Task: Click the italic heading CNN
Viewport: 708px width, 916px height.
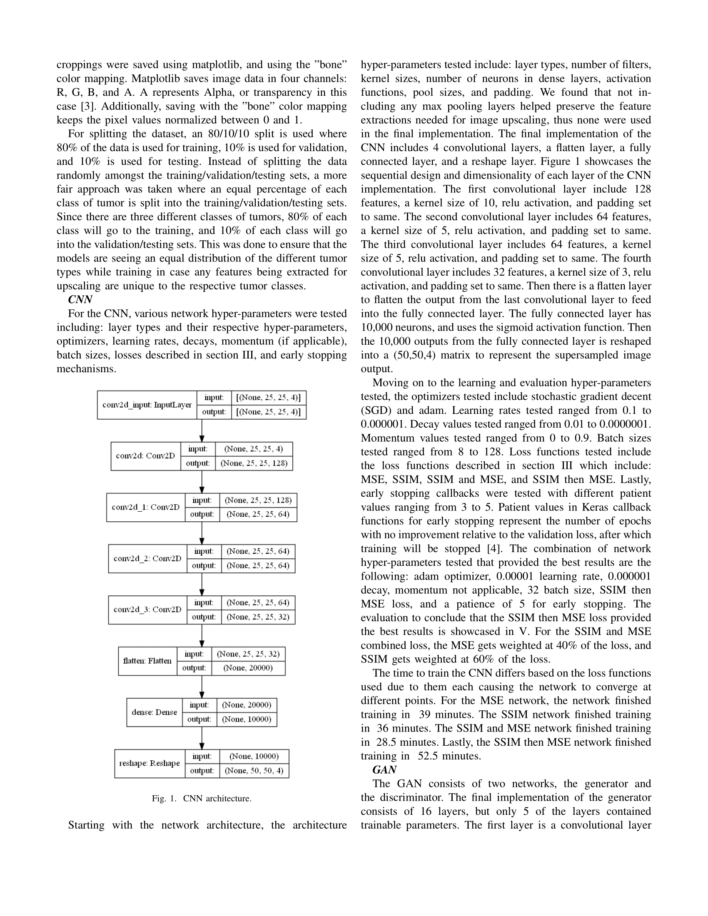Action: coord(80,300)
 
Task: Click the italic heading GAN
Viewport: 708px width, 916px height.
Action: coord(384,770)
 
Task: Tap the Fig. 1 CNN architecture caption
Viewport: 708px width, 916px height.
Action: coord(201,799)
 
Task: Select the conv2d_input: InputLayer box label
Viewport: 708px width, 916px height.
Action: coord(147,405)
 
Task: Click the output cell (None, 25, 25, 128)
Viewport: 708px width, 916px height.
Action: coord(254,463)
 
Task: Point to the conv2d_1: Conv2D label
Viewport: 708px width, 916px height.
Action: coord(145,508)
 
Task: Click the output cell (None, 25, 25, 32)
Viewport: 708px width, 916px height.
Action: coord(258,617)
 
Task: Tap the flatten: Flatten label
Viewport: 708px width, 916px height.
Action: coord(147,661)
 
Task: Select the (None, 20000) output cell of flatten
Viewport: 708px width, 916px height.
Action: coord(248,668)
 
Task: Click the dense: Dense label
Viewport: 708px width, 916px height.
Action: coord(155,712)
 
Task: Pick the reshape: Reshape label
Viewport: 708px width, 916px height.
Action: coord(150,763)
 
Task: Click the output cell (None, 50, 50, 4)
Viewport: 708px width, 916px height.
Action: coord(254,770)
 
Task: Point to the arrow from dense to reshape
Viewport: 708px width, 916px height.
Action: coord(202,738)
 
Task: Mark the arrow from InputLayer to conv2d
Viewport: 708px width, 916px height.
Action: coord(202,431)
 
